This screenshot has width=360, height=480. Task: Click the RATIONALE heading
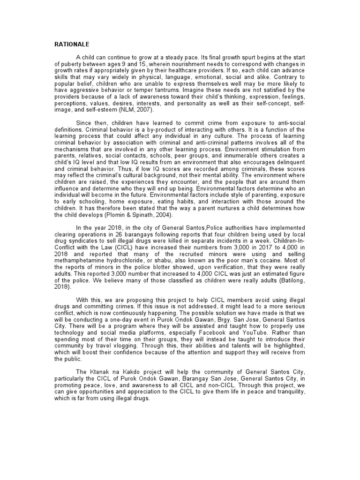[72, 45]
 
